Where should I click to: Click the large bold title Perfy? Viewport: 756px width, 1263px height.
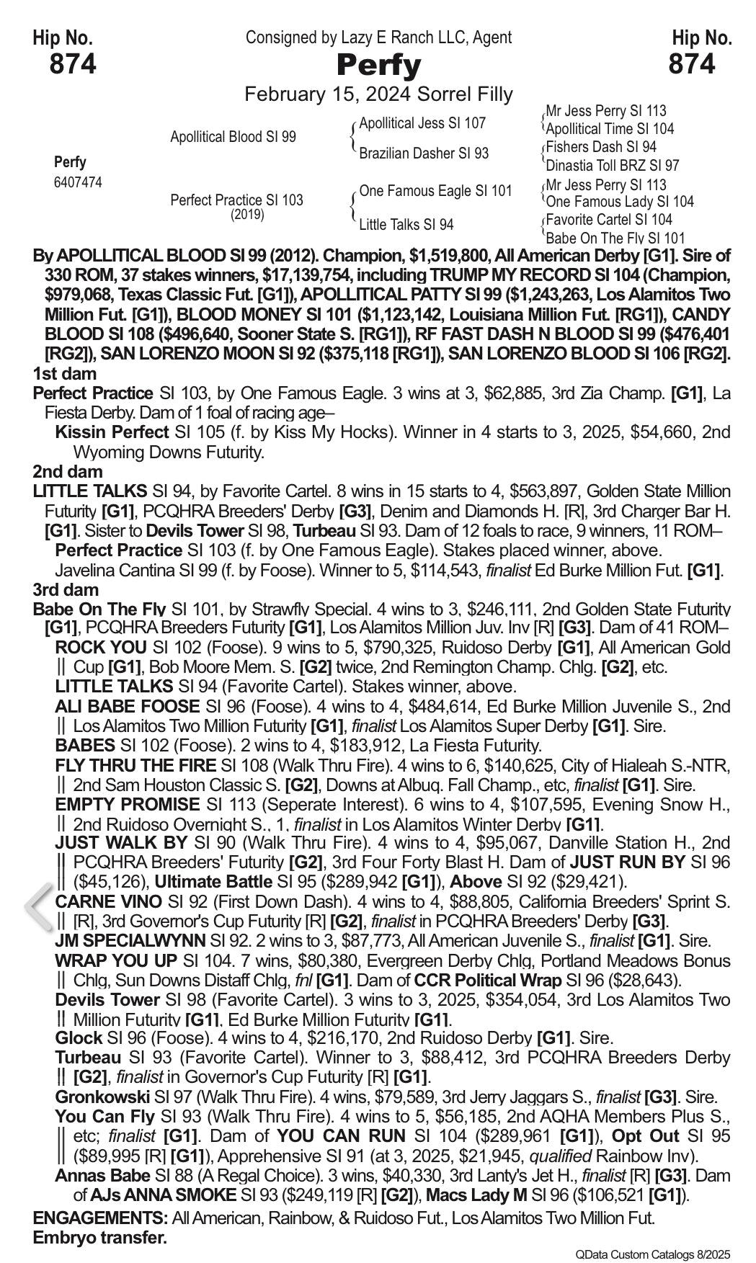point(378,66)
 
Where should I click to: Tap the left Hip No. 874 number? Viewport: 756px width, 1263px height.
point(72,65)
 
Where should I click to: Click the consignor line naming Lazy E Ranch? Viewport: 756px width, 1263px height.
point(378,37)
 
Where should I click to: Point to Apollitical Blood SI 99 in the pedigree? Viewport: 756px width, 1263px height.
point(233,137)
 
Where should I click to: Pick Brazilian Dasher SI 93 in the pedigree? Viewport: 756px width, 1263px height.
point(424,153)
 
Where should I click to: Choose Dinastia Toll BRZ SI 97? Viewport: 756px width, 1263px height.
point(613,165)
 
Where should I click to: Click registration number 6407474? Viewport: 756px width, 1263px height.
point(78,182)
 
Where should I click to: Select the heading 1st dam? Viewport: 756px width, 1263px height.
point(65,373)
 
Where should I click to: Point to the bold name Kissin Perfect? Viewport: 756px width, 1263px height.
point(111,432)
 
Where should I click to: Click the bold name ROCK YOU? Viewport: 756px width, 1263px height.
point(100,648)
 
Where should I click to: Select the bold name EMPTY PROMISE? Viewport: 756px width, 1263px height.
point(127,804)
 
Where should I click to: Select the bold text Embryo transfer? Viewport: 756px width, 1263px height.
point(99,1238)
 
